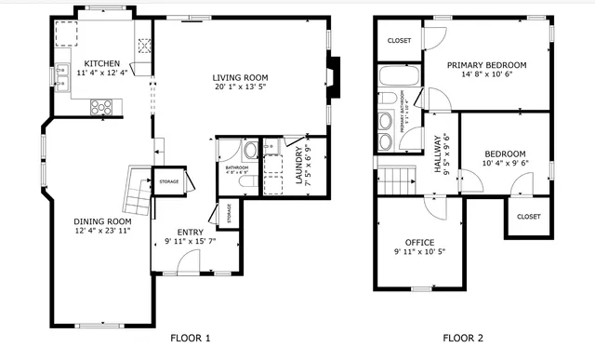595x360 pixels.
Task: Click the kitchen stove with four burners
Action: click(x=101, y=106)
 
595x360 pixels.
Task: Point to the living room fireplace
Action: click(x=335, y=78)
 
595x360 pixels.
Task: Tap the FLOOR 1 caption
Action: click(x=191, y=338)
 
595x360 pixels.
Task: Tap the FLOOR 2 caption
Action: click(x=463, y=338)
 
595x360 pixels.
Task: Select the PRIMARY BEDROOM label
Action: click(x=486, y=65)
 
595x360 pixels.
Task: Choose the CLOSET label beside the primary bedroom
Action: click(x=399, y=41)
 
